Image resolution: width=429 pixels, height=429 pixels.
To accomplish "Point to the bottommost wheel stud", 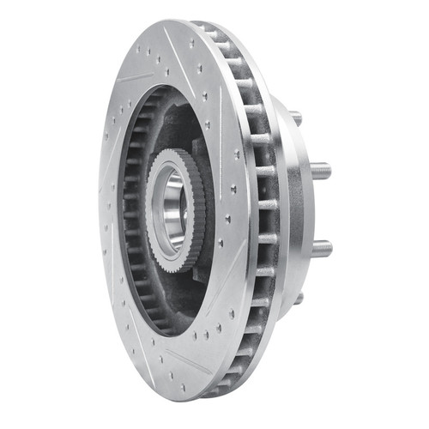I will [297, 298].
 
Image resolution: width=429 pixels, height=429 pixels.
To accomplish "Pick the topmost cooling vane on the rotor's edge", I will [206, 29].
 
